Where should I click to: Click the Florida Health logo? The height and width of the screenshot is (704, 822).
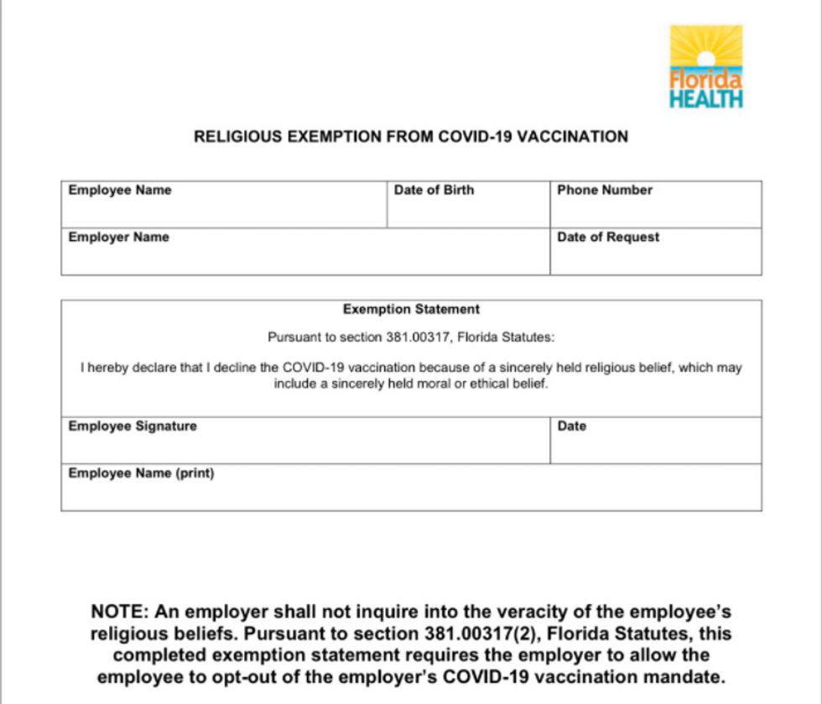pyautogui.click(x=705, y=65)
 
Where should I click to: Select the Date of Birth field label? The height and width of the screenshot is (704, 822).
pyautogui.click(x=434, y=190)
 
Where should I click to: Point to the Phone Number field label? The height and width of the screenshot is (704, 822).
pyautogui.click(x=604, y=190)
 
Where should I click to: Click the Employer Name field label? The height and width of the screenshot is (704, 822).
pyautogui.click(x=118, y=237)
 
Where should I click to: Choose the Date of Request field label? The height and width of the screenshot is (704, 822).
pyautogui.click(x=608, y=237)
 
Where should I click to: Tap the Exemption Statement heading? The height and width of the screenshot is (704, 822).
pyautogui.click(x=411, y=310)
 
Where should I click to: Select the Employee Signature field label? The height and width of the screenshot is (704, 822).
pyautogui.click(x=133, y=426)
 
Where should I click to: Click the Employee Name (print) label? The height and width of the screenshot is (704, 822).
pyautogui.click(x=141, y=473)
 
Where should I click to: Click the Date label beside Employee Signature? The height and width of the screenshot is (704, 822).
pyautogui.click(x=571, y=426)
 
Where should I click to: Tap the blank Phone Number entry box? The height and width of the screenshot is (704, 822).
pyautogui.click(x=656, y=212)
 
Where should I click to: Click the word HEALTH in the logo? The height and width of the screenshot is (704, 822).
pyautogui.click(x=705, y=99)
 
